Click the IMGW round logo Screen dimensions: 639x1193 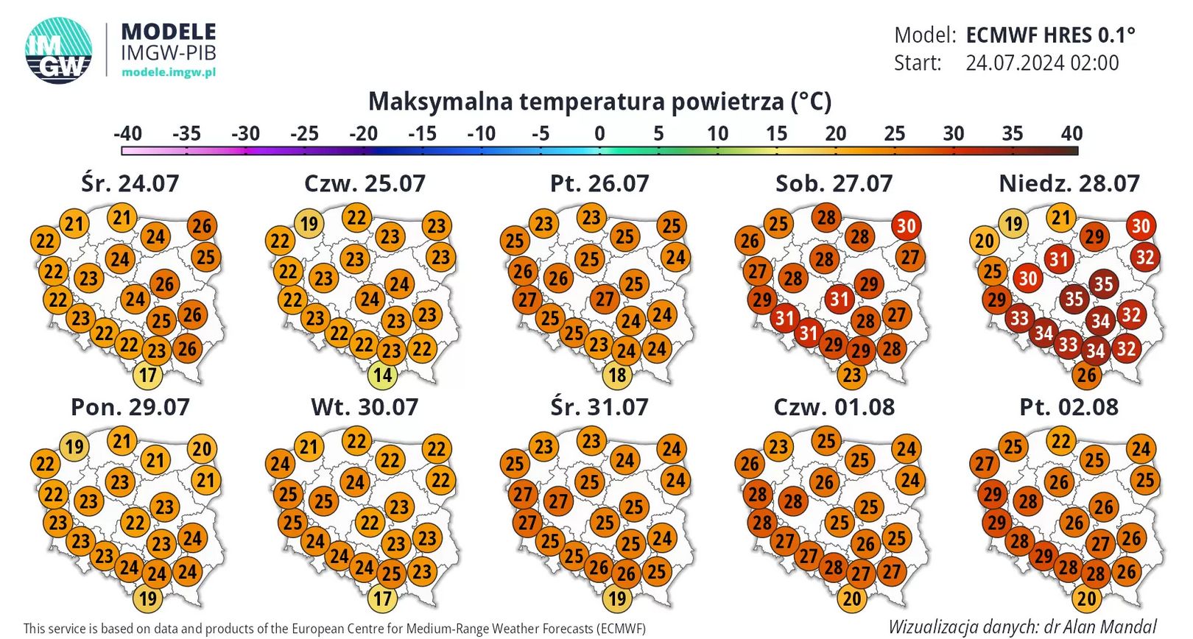tap(59, 50)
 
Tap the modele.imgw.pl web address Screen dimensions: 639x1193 tap(169, 72)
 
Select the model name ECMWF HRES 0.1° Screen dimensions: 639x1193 tap(1050, 35)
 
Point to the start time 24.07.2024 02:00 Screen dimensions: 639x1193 tap(1042, 63)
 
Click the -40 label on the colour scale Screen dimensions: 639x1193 tap(127, 134)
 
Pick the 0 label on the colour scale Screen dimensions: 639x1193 tap(599, 134)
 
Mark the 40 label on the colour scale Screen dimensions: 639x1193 tap(1071, 134)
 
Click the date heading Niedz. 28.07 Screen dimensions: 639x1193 tap(1069, 183)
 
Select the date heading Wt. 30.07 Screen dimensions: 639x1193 tap(365, 407)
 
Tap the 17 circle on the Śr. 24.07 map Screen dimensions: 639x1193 tap(148, 375)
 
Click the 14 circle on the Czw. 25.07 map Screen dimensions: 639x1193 tap(382, 375)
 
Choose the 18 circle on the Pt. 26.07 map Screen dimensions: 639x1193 tap(617, 375)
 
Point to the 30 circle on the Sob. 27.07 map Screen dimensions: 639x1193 tap(906, 226)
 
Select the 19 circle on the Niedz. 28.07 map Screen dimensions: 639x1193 tap(1013, 223)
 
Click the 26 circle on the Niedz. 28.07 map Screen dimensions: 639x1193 tap(1086, 375)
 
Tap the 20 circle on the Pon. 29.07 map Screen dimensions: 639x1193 tap(202, 449)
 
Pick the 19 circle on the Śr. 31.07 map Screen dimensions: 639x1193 tap(617, 599)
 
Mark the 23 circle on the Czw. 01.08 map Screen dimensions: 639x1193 tap(778, 446)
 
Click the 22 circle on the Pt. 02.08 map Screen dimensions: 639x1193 tap(1060, 442)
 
